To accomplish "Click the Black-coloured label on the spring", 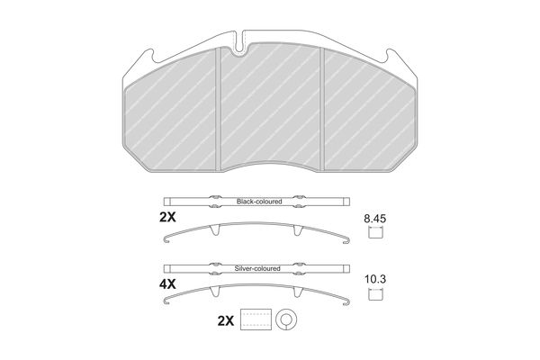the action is [x=259, y=202].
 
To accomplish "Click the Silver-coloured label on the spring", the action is [x=257, y=268].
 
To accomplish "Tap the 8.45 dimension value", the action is [x=375, y=219].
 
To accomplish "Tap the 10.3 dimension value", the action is [x=375, y=279].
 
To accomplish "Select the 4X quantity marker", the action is [x=167, y=284].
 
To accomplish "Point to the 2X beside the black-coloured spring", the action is [x=167, y=218].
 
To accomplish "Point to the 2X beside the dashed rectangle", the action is [x=226, y=321].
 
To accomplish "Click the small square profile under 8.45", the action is [x=375, y=233].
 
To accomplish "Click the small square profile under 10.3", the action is [x=375, y=294].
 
